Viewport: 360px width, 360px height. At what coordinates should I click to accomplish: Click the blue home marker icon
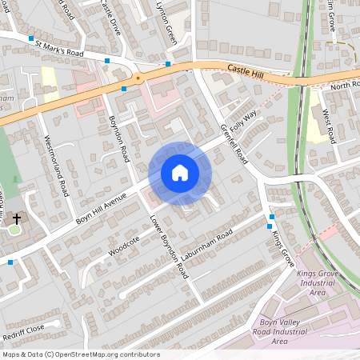tap(180, 172)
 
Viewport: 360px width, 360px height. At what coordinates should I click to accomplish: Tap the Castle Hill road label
tap(245, 71)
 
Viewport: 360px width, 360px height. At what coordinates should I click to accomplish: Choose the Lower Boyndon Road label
tap(169, 245)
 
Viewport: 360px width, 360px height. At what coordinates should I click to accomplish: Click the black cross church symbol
tap(17, 218)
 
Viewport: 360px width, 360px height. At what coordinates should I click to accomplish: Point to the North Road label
tap(346, 85)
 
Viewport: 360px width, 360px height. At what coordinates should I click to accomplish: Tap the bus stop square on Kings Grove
tap(272, 217)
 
